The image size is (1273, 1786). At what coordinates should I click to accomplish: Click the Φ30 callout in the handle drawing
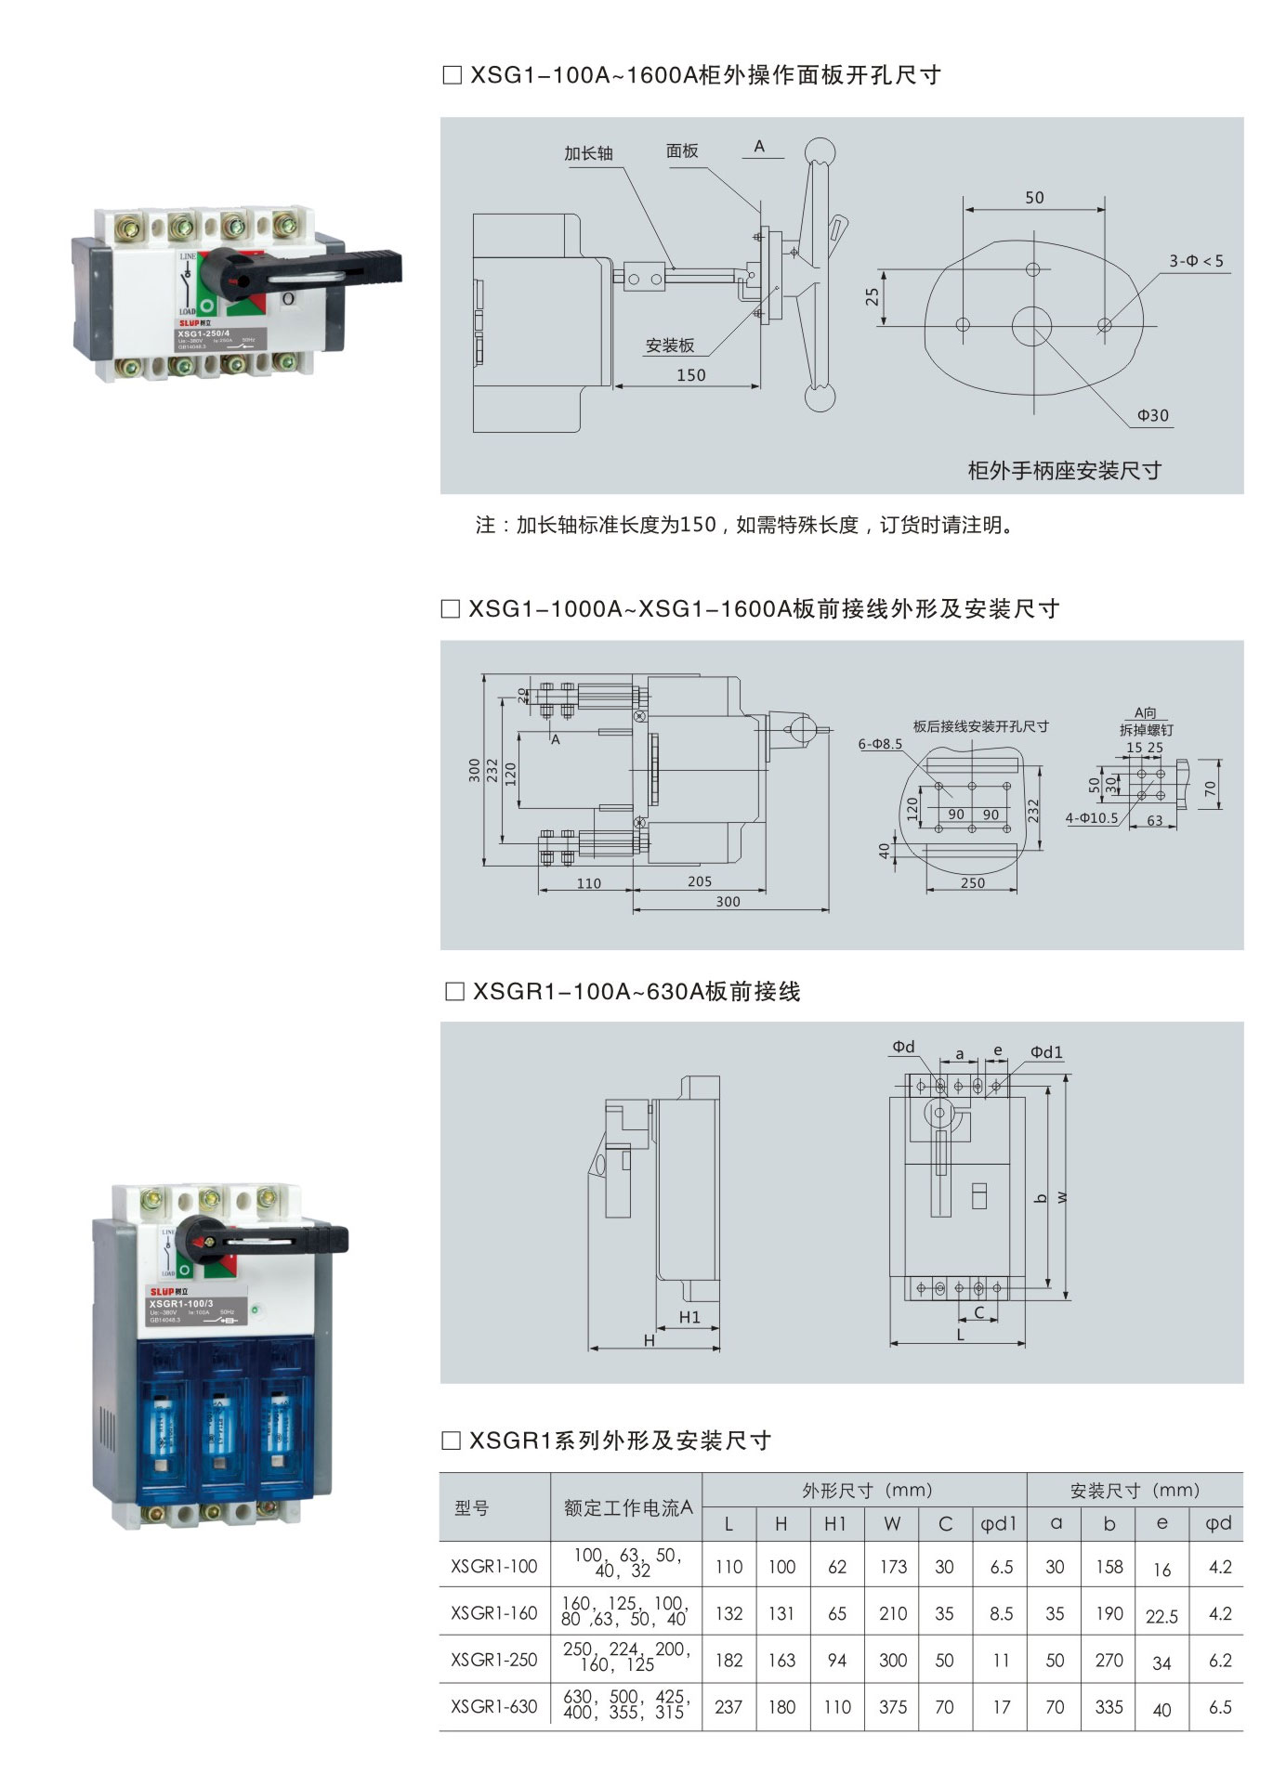(1152, 415)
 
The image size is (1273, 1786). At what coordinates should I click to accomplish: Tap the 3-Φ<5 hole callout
(1196, 261)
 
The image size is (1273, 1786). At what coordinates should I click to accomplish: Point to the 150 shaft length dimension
(690, 375)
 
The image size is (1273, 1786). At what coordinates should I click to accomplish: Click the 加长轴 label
(588, 153)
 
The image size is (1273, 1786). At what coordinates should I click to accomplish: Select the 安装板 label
(670, 345)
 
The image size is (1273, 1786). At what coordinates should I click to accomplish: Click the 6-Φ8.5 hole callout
(880, 744)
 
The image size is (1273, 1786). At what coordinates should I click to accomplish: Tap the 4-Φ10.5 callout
(1092, 818)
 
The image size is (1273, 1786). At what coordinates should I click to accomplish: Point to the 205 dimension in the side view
(700, 881)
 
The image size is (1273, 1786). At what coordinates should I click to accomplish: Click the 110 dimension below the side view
(588, 883)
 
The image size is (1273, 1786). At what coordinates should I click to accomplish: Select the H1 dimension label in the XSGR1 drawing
(689, 1317)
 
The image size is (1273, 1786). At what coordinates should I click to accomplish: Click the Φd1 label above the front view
(1046, 1051)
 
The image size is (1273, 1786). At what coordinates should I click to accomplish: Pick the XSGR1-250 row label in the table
(494, 1660)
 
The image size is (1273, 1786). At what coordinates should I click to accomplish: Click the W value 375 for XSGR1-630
(892, 1707)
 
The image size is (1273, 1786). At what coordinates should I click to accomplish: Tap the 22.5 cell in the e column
(1161, 1617)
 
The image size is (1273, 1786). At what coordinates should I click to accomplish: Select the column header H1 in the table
(835, 1524)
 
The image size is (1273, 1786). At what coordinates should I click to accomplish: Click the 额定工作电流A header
(628, 1508)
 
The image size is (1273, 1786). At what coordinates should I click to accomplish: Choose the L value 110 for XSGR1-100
(728, 1567)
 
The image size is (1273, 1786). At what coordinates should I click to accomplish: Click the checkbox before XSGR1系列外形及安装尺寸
(451, 1441)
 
